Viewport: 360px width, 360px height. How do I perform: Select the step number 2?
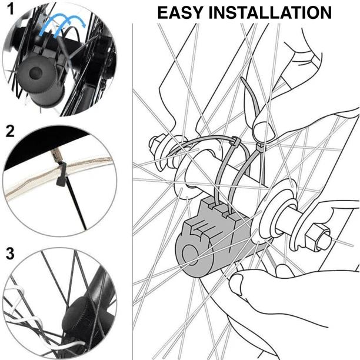point(9,131)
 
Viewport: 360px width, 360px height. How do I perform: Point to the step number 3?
point(9,254)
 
